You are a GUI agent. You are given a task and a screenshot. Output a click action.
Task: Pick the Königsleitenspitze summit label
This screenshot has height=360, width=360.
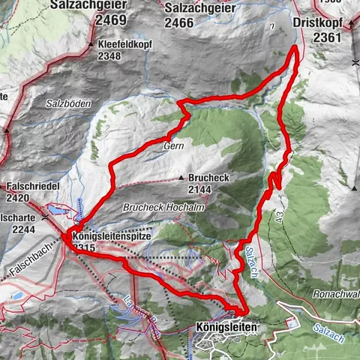(113, 236)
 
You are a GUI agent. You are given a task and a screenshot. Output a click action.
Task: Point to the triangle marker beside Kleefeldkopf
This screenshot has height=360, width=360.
(91, 44)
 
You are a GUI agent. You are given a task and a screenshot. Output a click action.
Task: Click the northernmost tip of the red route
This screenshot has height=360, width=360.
(293, 48)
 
